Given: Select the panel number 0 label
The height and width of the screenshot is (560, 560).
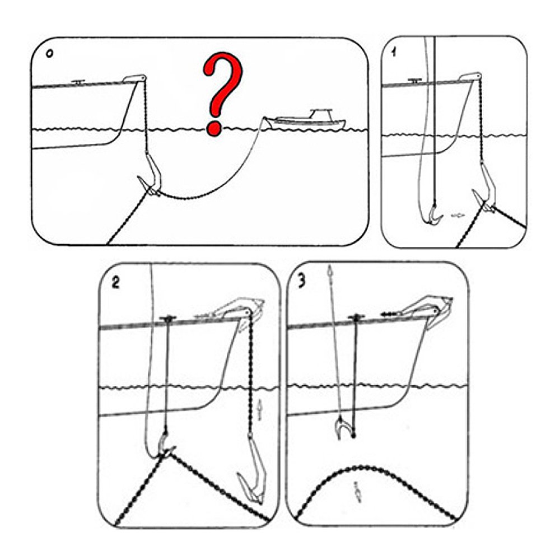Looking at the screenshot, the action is [49, 54].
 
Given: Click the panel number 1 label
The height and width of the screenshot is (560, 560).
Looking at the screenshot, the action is [394, 52].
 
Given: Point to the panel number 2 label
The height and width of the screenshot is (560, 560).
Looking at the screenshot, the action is [115, 282].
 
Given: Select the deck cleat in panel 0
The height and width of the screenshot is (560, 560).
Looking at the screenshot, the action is [78, 82].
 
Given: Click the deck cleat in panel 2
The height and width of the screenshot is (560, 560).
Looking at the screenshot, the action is [166, 319].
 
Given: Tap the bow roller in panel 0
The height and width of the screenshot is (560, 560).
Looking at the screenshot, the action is [134, 78].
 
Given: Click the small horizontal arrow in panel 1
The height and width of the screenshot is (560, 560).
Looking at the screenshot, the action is [458, 215].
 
